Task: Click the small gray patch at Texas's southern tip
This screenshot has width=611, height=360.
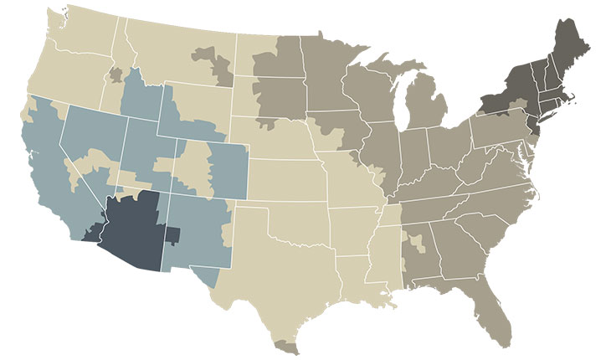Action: pyautogui.click(x=286, y=344)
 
